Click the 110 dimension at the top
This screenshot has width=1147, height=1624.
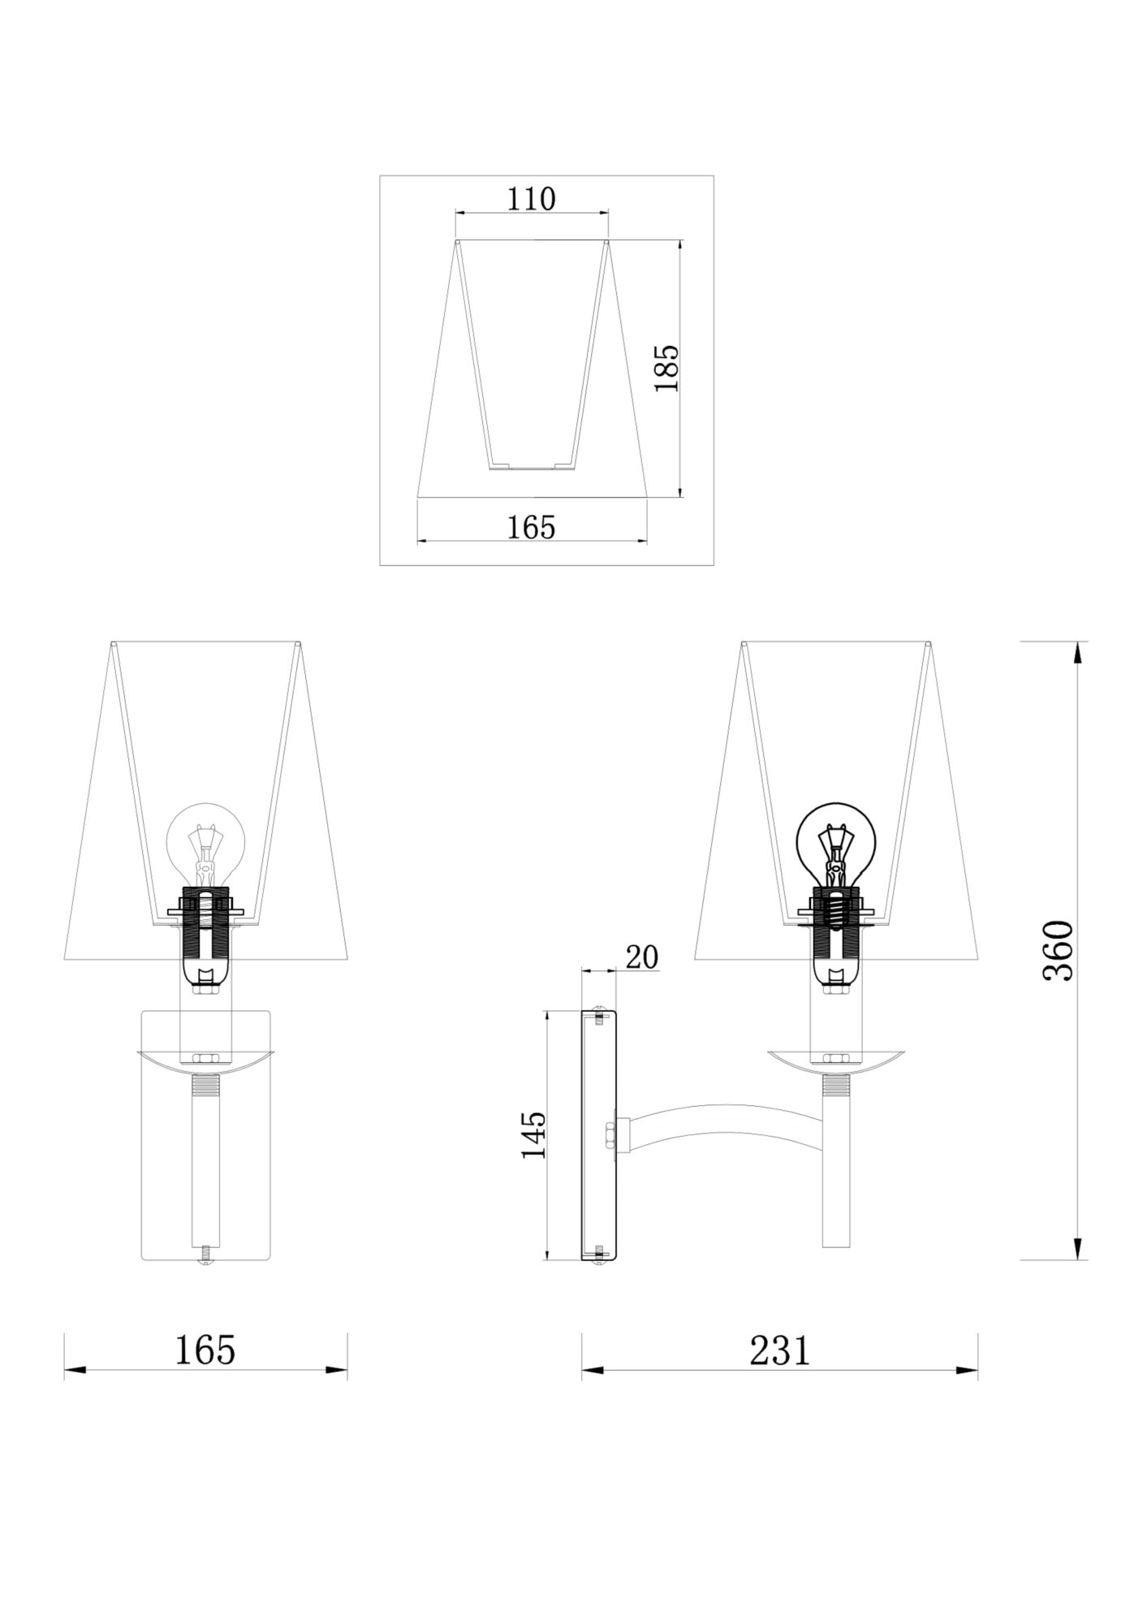point(532,199)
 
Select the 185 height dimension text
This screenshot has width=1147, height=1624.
point(667,368)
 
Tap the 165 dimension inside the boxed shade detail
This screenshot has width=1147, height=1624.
point(532,527)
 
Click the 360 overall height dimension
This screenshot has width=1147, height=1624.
point(1058,950)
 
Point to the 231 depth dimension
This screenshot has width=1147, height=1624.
point(779,1350)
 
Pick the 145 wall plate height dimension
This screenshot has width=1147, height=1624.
point(533,1134)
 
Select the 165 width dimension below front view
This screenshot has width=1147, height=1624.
point(205,1350)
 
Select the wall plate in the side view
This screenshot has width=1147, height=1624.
point(599,1134)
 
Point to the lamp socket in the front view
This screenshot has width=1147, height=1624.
point(205,934)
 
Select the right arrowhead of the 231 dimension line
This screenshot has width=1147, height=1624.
point(967,1371)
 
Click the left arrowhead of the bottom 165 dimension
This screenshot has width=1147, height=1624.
point(75,1371)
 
